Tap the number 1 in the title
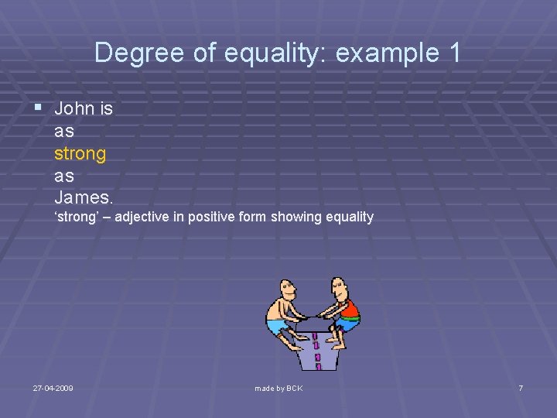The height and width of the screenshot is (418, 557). pos(453,53)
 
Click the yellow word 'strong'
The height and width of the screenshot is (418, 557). pos(80,153)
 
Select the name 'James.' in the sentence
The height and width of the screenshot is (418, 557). pos(84,198)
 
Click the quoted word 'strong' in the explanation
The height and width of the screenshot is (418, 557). pos(81,217)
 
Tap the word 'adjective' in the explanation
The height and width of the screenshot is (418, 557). pos(144,217)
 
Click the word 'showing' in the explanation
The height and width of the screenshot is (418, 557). pos(297,217)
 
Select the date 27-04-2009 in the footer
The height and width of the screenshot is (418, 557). pos(53,387)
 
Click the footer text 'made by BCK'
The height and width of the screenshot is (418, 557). pos(278,387)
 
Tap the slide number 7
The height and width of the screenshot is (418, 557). pos(521,387)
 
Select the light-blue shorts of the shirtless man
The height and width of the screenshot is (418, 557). pos(277,326)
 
